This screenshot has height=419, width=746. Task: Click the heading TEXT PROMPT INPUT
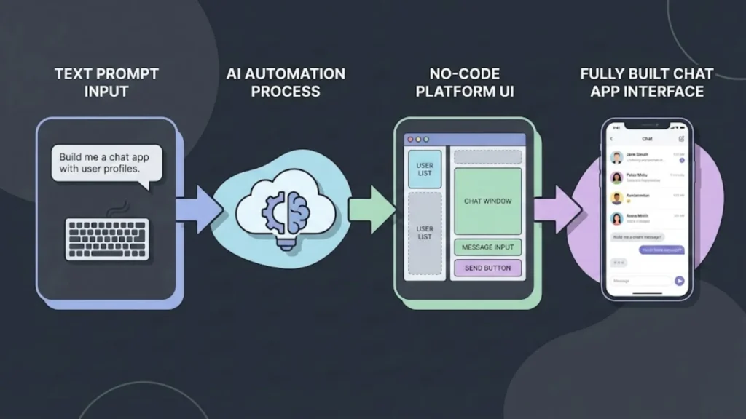(x=106, y=82)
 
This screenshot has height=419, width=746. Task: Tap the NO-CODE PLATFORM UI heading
(x=463, y=82)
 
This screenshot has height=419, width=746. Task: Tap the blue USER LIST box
(x=424, y=169)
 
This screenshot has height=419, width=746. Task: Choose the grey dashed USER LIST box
(x=424, y=234)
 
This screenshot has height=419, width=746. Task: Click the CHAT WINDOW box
(x=487, y=201)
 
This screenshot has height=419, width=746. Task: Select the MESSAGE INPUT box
(x=487, y=247)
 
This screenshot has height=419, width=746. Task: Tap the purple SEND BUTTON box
(x=487, y=268)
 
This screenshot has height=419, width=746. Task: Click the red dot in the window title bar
(x=410, y=139)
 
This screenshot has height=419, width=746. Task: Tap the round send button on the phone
(x=679, y=280)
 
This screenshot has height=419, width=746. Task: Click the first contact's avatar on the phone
(x=616, y=157)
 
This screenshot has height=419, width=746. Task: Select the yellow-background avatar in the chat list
(x=616, y=198)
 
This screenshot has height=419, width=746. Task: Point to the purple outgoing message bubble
(x=661, y=250)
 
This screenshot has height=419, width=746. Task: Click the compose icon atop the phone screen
(x=681, y=138)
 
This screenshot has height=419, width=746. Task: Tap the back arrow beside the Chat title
(x=612, y=138)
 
